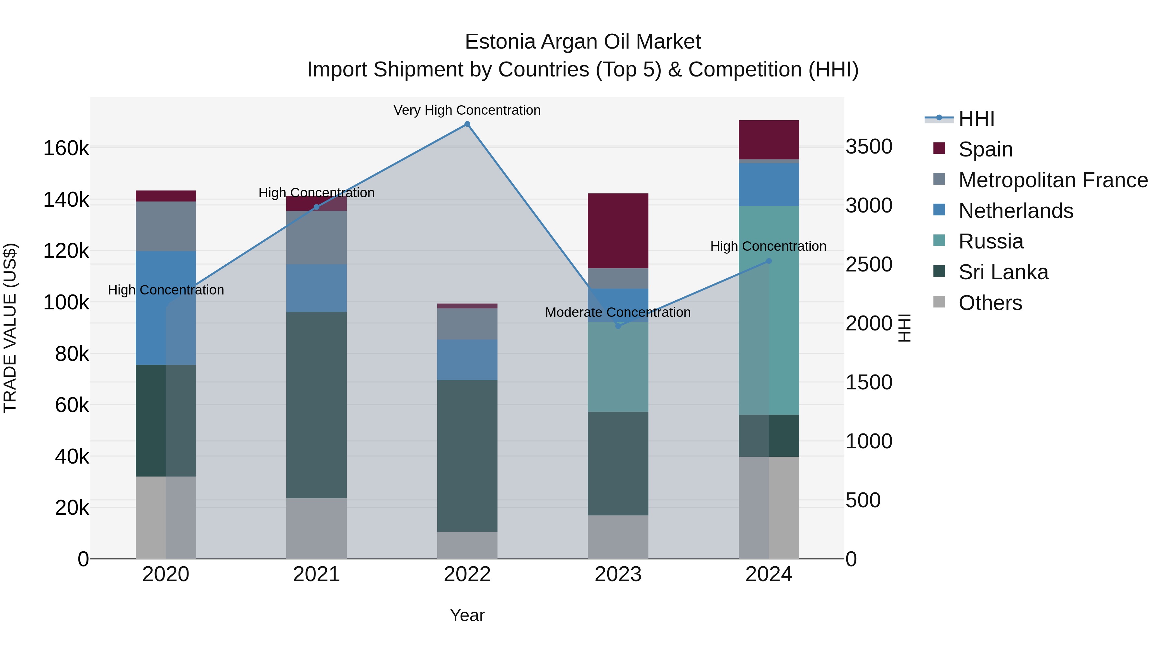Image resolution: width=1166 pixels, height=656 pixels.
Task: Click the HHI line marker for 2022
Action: coord(467,124)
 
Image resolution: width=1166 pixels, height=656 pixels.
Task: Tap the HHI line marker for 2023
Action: coord(618,326)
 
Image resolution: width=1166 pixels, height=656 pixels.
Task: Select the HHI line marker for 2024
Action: coord(769,261)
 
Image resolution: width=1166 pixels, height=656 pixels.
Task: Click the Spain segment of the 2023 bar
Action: coord(618,231)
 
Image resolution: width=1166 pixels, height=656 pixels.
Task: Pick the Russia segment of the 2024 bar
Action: coord(769,310)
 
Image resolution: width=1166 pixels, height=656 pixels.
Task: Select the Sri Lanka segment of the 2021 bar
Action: coord(316,405)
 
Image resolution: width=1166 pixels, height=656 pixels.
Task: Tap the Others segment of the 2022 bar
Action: coord(467,545)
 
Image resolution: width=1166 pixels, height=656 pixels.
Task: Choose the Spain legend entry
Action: coord(985,149)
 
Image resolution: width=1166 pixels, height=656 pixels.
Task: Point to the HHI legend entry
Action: coord(976,119)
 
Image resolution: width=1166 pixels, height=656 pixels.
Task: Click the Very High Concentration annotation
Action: coord(467,110)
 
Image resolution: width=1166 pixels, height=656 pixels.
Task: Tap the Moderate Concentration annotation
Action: coord(618,312)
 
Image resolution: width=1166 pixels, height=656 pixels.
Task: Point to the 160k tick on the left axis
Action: coord(66,148)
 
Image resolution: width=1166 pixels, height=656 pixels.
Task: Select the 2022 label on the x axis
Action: coord(467,574)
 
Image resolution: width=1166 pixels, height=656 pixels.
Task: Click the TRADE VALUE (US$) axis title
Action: coord(10,328)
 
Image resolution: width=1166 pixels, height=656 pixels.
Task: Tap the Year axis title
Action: coord(467,615)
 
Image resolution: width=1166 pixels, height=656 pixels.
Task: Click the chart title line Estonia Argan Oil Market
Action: coord(583,42)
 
